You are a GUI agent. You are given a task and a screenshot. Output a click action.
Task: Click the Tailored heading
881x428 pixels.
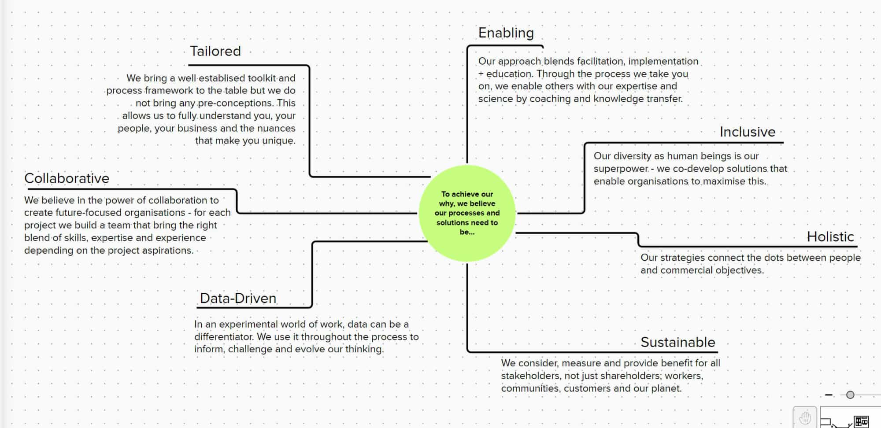click(x=215, y=51)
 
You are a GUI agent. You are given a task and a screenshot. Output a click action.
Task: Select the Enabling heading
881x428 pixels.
click(x=506, y=33)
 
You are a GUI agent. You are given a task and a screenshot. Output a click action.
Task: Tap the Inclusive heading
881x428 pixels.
click(x=747, y=132)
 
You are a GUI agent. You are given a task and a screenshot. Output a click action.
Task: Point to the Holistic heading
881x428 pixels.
click(x=830, y=236)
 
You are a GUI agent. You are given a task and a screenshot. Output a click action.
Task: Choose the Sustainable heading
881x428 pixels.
click(x=677, y=342)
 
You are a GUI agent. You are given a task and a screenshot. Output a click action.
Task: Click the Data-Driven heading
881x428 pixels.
click(x=238, y=298)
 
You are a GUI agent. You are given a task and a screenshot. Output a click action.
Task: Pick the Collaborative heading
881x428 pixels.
click(x=67, y=178)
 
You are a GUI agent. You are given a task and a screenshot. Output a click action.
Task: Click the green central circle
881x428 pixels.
click(x=467, y=213)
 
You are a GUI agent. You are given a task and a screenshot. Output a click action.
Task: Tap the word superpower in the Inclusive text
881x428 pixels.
click(x=621, y=169)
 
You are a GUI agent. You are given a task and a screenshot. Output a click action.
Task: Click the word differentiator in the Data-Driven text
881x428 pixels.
click(x=224, y=337)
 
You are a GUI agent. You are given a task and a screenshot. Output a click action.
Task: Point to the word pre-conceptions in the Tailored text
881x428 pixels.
click(x=235, y=103)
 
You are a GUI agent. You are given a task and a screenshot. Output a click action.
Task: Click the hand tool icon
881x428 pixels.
click(x=805, y=417)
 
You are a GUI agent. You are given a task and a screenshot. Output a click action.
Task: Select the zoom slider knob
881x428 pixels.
click(x=850, y=395)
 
